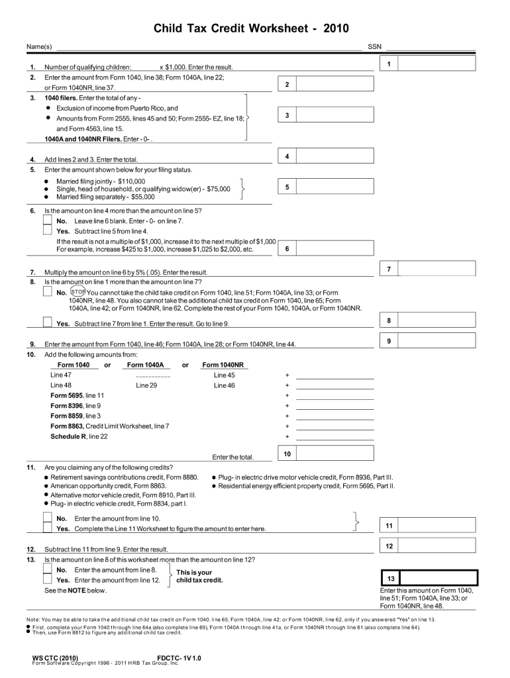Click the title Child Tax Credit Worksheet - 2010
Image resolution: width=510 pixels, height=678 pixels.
(250, 28)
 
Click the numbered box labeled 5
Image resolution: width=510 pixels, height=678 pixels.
(287, 187)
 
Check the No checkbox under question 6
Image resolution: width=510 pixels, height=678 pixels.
(48, 220)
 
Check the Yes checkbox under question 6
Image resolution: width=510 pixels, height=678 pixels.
(48, 230)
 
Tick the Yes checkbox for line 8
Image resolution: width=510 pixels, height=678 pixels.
(48, 322)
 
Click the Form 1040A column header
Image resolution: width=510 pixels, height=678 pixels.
(145, 365)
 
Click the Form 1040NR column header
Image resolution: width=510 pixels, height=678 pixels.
(223, 365)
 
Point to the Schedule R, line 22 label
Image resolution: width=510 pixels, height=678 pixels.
(79, 436)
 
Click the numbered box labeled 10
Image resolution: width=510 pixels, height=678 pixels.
(287, 454)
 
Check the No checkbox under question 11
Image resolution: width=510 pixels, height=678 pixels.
(48, 518)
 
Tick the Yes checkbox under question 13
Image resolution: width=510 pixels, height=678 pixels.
(48, 580)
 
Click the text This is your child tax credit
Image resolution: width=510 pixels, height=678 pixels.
(199, 576)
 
